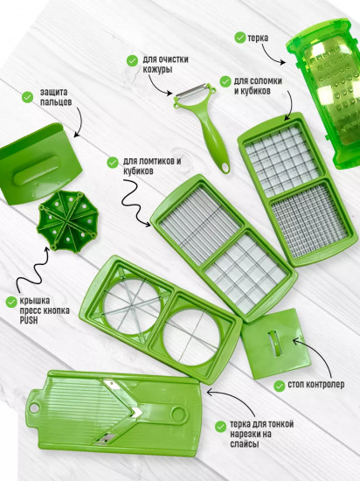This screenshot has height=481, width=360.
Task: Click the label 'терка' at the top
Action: pyautogui.click(x=258, y=38)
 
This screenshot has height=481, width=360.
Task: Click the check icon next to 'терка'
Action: pyautogui.click(x=238, y=38)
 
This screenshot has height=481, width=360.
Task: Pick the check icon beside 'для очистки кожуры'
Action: pyautogui.click(x=131, y=60)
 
